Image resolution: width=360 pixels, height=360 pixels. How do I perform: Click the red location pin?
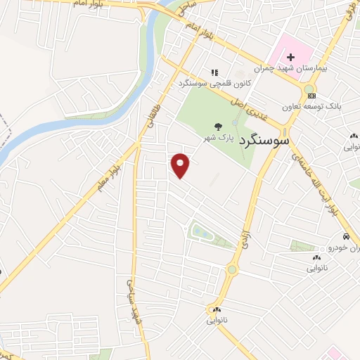[181, 165]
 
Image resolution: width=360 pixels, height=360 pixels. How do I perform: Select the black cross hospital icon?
[290, 56]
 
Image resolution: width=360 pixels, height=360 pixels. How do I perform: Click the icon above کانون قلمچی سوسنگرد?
[214, 72]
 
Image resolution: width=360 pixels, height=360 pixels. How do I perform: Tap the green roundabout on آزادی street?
[231, 269]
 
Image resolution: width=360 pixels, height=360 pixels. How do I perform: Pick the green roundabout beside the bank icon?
[309, 89]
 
